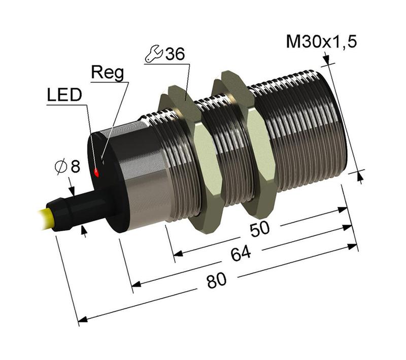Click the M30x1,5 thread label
tap(321, 42)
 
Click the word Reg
tap(107, 73)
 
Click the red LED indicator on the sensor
tap(97, 173)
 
